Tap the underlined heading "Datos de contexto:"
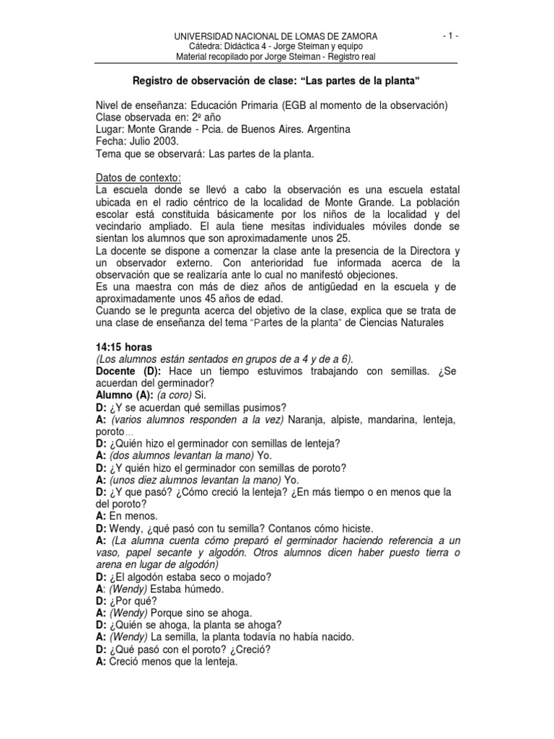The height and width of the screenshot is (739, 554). pos(139,178)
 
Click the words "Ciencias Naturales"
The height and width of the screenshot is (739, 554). pos(406,323)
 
